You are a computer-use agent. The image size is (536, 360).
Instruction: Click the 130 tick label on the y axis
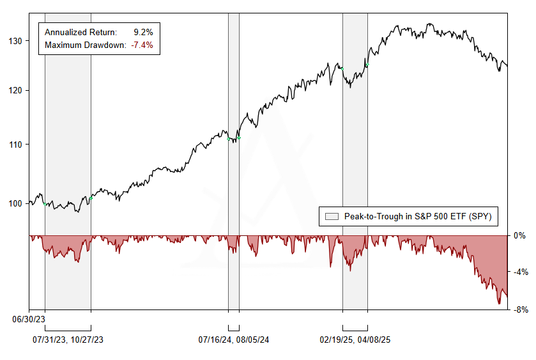pyautogui.click(x=15, y=41)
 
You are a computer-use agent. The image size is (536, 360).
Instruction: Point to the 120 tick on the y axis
pyautogui.click(x=15, y=90)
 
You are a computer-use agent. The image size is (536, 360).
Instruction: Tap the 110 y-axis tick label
pyautogui.click(x=15, y=145)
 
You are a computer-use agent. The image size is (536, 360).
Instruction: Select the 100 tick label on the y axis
pyautogui.click(x=15, y=203)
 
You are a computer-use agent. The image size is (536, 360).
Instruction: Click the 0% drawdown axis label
pyautogui.click(x=520, y=236)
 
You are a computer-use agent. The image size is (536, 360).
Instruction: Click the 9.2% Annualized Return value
pyautogui.click(x=143, y=31)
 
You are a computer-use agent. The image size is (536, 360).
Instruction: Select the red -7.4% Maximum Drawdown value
pyautogui.click(x=141, y=45)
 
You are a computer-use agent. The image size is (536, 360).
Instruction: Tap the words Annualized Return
pyautogui.click(x=81, y=31)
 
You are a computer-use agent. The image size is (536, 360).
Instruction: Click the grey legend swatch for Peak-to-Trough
pyautogui.click(x=332, y=217)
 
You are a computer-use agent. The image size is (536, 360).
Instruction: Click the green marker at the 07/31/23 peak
pyautogui.click(x=45, y=204)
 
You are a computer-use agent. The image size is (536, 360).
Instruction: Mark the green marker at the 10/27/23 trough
pyautogui.click(x=91, y=198)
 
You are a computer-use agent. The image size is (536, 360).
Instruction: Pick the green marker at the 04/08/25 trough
pyautogui.click(x=367, y=65)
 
